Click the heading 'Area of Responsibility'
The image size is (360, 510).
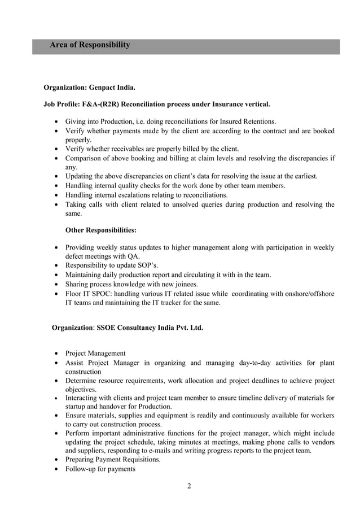click(90, 45)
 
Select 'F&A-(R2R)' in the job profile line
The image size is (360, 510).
click(99, 104)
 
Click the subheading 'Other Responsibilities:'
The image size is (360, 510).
click(100, 230)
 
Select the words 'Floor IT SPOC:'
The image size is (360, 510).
click(90, 294)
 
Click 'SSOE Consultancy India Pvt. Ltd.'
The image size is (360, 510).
click(150, 328)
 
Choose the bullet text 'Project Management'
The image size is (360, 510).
click(95, 353)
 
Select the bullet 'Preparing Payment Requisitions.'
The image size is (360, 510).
click(113, 460)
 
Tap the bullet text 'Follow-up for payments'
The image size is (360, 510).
click(100, 469)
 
